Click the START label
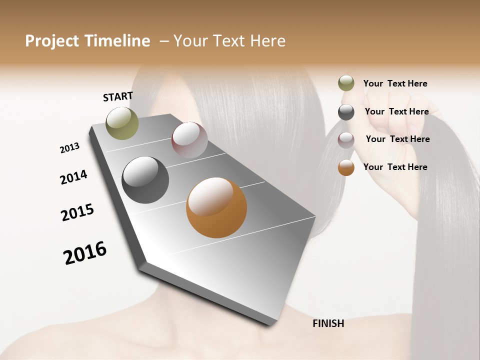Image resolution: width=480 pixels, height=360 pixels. pyautogui.click(x=118, y=96)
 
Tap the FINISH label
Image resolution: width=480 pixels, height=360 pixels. pyautogui.click(x=328, y=323)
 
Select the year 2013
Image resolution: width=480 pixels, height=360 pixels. pyautogui.click(x=69, y=148)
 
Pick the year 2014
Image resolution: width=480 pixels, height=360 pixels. pyautogui.click(x=73, y=177)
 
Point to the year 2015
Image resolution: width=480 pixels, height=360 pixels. pyautogui.click(x=77, y=212)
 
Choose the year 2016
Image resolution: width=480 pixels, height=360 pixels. pyautogui.click(x=85, y=253)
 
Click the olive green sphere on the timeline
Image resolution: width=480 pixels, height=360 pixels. pyautogui.click(x=122, y=123)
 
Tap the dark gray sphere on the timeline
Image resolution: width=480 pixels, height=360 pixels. pyautogui.click(x=145, y=180)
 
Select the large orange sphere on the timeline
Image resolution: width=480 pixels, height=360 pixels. pyautogui.click(x=216, y=207)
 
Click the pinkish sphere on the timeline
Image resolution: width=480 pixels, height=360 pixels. pyautogui.click(x=189, y=140)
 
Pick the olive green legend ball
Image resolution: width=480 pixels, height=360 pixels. pyautogui.click(x=346, y=83)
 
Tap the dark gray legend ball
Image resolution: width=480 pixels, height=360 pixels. pyautogui.click(x=346, y=112)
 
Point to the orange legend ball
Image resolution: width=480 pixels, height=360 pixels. pyautogui.click(x=346, y=167)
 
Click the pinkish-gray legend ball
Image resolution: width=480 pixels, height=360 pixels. pyautogui.click(x=346, y=140)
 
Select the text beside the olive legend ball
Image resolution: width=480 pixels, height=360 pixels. pyautogui.click(x=395, y=83)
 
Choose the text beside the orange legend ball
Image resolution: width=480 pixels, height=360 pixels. pyautogui.click(x=395, y=167)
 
